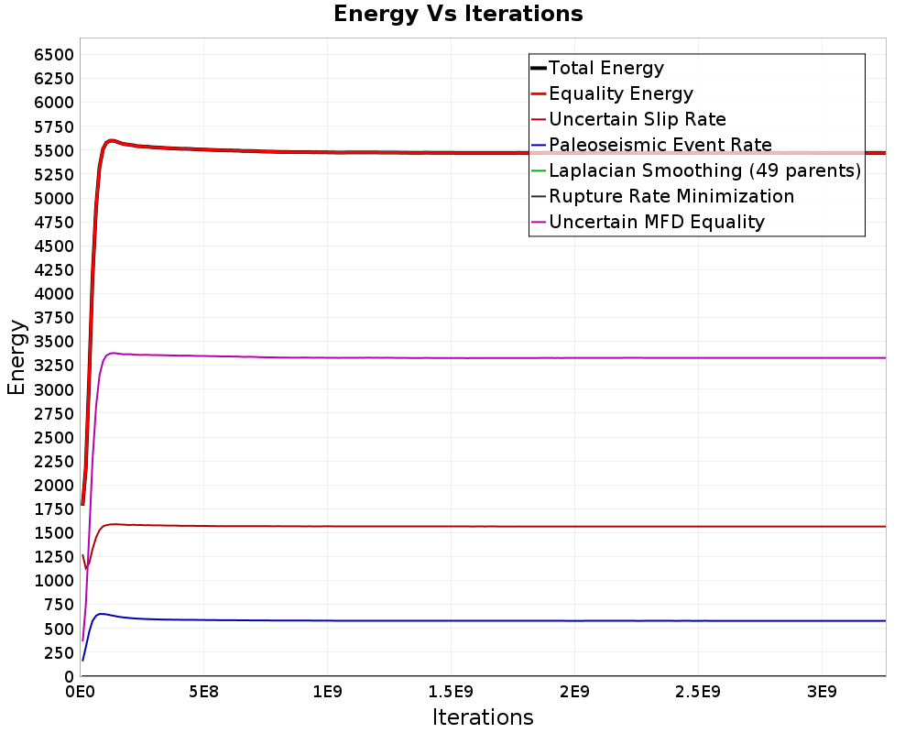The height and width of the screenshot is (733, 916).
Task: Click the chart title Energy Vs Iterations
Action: [458, 14]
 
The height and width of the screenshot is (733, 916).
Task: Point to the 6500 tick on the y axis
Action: [54, 55]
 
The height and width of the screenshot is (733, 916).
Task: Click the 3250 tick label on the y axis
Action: [54, 366]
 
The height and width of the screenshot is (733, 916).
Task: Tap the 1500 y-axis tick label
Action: [54, 533]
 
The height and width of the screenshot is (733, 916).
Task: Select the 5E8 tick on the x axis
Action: [203, 693]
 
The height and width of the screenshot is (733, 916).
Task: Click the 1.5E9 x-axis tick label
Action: [451, 693]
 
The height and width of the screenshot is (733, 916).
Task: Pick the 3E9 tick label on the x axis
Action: [822, 693]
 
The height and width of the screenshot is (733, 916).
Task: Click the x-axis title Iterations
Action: [483, 717]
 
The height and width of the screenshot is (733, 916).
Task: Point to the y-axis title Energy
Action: [16, 357]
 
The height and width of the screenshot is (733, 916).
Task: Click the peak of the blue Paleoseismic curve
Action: [102, 614]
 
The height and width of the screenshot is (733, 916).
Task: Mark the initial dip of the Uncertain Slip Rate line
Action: [86, 568]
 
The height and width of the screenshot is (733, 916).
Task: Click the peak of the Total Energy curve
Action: [111, 140]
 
